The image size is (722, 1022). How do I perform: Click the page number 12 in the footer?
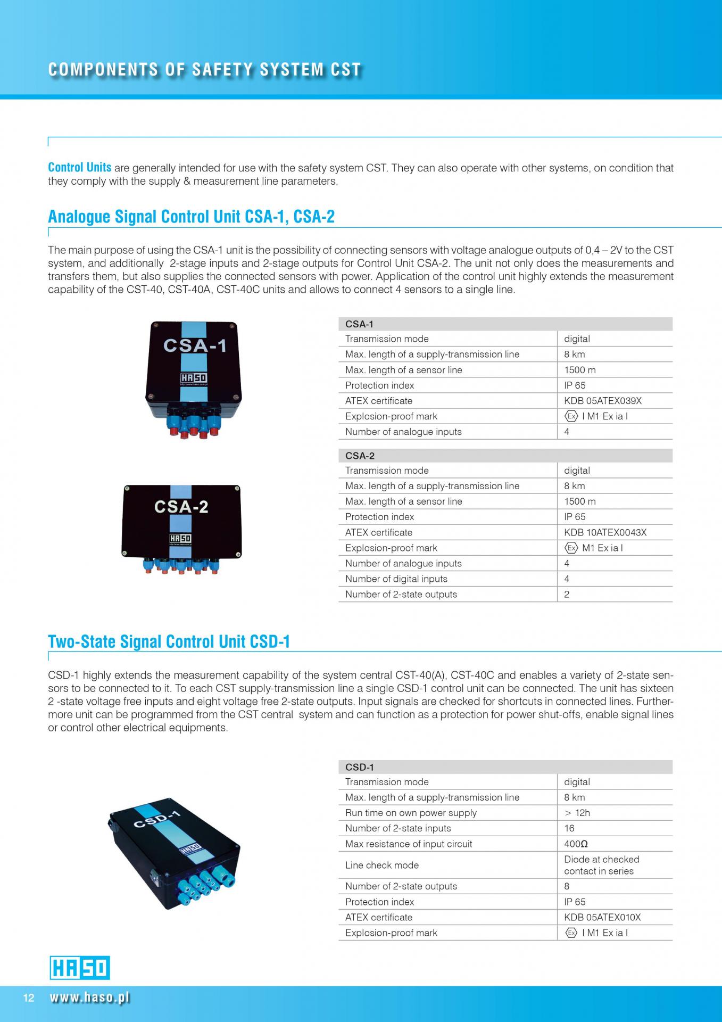tap(29, 998)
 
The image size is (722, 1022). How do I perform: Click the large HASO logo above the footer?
tap(80, 968)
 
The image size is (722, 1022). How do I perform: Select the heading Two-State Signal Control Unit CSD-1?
tap(169, 641)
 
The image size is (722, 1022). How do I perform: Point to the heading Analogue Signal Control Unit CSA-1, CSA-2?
tap(191, 217)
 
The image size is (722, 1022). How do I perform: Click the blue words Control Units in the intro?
tap(80, 168)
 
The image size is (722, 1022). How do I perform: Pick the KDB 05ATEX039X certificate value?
tap(603, 401)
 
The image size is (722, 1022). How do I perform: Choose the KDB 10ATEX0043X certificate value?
tap(605, 532)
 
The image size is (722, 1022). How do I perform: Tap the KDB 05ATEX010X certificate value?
tap(602, 917)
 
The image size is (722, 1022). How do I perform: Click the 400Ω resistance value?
tap(576, 844)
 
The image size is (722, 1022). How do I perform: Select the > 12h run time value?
tap(577, 813)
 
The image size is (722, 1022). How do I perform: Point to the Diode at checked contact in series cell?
tap(601, 865)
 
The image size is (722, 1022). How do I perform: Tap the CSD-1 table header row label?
tap(360, 767)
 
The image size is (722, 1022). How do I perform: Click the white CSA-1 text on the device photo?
tap(195, 346)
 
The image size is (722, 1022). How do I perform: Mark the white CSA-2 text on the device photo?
tap(181, 507)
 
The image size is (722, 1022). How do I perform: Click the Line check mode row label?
tap(382, 865)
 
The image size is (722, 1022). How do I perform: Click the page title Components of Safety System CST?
tap(205, 70)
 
